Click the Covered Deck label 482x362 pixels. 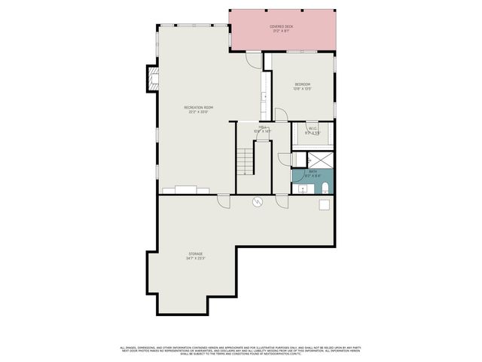coord(281,26)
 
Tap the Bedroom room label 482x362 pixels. coord(302,84)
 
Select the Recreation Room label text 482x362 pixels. coord(199,108)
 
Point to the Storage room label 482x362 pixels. coord(196,253)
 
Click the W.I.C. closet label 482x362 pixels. coord(313,128)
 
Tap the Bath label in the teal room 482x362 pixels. coord(313,171)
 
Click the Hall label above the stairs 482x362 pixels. coord(263,127)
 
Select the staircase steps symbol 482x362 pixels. coord(245,161)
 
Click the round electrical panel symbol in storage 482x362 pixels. coord(257,202)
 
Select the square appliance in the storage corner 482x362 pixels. coord(325,204)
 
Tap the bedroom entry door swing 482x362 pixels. coord(280,114)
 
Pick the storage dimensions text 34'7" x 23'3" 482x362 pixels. coord(196,259)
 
